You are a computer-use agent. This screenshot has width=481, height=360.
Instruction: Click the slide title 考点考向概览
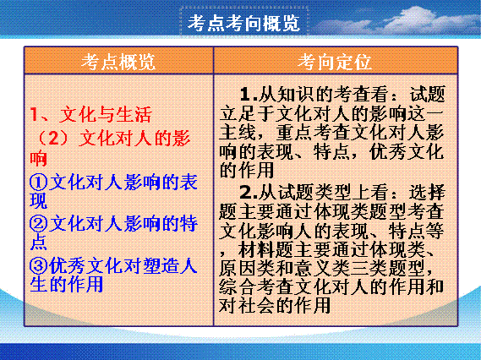coord(243,23)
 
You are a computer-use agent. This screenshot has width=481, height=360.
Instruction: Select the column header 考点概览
coord(118,62)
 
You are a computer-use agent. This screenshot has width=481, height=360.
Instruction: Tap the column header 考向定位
coord(335,62)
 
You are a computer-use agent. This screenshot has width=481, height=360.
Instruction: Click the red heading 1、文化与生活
coord(90,114)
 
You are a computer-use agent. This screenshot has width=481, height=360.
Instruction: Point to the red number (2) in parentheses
coord(53,138)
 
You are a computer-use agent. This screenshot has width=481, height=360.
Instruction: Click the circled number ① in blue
coord(39,182)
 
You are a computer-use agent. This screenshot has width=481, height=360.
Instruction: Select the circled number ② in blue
coord(39,223)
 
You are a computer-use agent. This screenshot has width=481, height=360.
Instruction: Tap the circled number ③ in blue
coord(39,265)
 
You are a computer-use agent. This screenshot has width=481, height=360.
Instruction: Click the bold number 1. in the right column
coord(249,94)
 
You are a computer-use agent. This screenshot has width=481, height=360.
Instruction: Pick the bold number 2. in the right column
coord(249,193)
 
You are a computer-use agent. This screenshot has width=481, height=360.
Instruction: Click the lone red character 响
coord(38,159)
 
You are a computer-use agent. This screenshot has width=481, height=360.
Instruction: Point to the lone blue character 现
coord(39,200)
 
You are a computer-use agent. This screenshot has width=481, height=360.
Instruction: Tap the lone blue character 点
coord(39,243)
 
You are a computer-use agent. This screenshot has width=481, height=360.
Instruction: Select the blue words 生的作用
coord(67,284)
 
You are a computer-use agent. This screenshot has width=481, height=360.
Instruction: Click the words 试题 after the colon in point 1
coord(428,94)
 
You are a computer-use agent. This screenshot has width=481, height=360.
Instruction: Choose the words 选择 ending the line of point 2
coord(427,193)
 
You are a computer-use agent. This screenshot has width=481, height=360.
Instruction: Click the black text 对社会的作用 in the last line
coord(275,305)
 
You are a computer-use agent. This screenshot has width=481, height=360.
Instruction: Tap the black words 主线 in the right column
coord(238,132)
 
